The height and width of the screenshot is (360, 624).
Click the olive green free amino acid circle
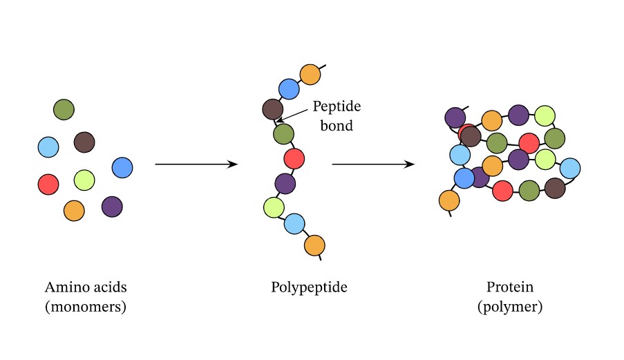tap(64, 109)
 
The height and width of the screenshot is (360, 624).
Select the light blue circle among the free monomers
tap(48, 147)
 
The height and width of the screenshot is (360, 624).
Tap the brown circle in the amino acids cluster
tap(84, 142)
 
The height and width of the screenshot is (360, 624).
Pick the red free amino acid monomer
tap(48, 184)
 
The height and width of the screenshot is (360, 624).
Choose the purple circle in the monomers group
tap(112, 206)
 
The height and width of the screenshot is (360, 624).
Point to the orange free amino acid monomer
tap(74, 210)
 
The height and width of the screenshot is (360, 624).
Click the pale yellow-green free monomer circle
tap(84, 180)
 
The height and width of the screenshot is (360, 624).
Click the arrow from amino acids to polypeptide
tap(196, 164)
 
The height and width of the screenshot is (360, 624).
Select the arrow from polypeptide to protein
tap(373, 164)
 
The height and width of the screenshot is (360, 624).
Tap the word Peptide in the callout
tap(337, 107)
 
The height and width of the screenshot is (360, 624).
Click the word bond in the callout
tap(337, 126)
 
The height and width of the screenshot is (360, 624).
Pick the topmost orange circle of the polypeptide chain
tap(310, 73)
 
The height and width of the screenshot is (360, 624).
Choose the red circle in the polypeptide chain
tap(294, 158)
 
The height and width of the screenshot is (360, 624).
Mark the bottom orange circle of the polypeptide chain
tap(314, 245)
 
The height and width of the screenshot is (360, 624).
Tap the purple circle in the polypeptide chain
tap(285, 183)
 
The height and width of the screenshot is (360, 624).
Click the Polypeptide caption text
tap(309, 287)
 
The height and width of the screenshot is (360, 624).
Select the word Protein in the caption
tap(510, 287)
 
